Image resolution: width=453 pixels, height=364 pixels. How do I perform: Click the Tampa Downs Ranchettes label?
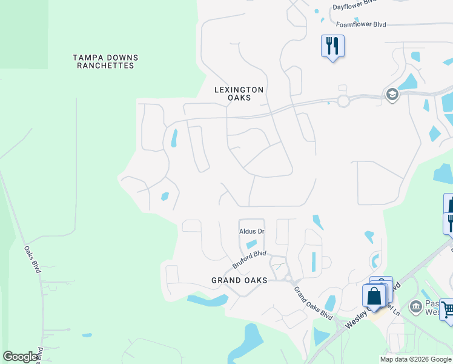(x=105, y=61)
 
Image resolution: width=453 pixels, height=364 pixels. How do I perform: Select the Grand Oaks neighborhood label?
(x=239, y=280)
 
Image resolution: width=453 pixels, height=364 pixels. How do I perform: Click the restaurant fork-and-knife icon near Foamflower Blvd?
(x=332, y=45)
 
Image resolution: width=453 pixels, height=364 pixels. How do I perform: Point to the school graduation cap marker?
(x=392, y=95)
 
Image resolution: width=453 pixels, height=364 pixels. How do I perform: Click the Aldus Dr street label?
(x=253, y=232)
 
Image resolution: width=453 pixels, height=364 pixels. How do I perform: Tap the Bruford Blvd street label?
(x=249, y=260)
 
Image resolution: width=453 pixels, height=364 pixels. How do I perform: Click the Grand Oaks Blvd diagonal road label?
(x=313, y=303)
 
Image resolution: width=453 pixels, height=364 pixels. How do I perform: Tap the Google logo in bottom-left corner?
(x=20, y=357)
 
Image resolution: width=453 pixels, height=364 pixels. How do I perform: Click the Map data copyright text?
(x=415, y=359)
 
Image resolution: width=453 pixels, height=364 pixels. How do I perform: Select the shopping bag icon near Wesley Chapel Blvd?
(x=374, y=296)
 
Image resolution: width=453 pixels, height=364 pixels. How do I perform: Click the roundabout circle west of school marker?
(x=343, y=101)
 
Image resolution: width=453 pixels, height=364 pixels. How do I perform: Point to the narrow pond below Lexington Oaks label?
(x=174, y=138)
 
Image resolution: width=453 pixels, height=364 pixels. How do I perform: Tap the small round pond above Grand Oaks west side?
(x=164, y=197)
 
